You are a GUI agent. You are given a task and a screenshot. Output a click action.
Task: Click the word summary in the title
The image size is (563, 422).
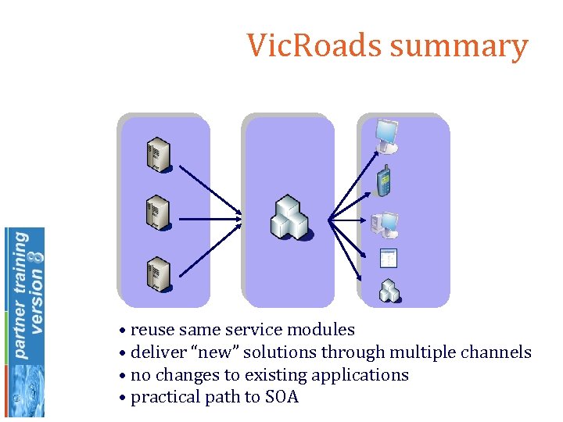(459, 47)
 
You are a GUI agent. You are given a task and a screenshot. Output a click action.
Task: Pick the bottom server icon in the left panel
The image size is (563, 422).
(158, 273)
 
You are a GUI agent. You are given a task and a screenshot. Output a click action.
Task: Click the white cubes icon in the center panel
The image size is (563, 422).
(290, 218)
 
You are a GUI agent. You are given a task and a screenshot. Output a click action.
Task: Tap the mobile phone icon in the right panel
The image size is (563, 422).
(383, 181)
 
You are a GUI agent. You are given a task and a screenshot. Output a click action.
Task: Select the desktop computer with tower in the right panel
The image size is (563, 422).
(385, 225)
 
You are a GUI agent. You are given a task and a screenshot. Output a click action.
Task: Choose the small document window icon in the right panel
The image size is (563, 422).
(388, 259)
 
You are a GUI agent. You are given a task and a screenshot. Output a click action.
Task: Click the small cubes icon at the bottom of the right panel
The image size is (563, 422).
(389, 290)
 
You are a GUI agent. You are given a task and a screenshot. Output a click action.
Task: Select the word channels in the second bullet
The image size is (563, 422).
(498, 352)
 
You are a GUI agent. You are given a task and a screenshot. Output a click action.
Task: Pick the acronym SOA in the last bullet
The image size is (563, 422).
(281, 397)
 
